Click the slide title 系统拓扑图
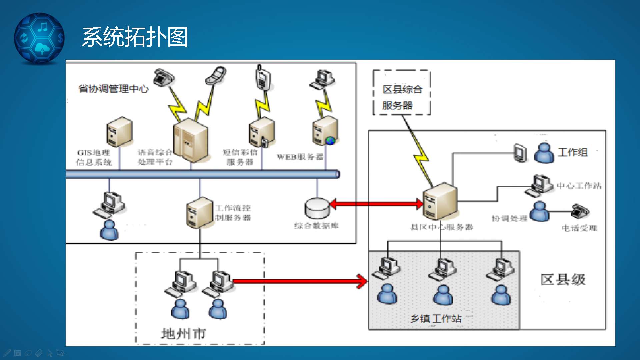[135, 37]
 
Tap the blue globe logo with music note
[39, 38]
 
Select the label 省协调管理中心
[113, 89]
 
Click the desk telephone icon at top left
[163, 77]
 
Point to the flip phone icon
[216, 75]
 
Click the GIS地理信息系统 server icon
[119, 132]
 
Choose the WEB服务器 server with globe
[325, 131]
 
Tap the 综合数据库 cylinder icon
[317, 208]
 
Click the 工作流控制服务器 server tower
[199, 213]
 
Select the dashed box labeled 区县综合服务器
[402, 93]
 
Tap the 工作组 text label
[573, 152]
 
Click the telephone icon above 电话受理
[580, 211]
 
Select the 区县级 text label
[563, 279]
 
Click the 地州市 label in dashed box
[183, 333]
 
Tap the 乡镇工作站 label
[436, 319]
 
